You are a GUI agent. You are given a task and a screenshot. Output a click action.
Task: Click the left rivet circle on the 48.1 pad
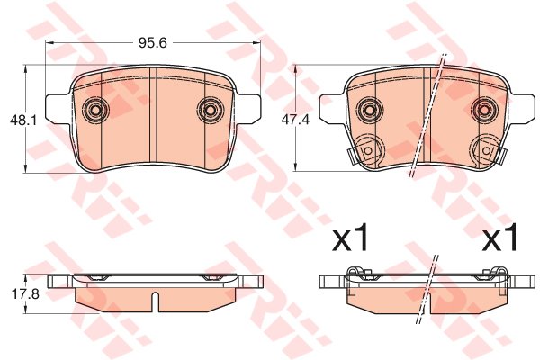click(94, 111)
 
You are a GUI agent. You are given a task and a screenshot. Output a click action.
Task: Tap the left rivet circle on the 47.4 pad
click(367, 111)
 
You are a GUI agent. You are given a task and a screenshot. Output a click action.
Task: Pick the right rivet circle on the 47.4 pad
click(484, 111)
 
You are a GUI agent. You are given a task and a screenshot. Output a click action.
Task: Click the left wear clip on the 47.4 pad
click(364, 149)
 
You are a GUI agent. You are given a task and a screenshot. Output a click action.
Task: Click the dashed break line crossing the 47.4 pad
click(429, 117)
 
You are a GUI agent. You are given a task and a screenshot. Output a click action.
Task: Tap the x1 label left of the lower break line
click(351, 239)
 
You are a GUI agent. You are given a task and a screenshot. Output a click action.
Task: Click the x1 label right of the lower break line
click(500, 239)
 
